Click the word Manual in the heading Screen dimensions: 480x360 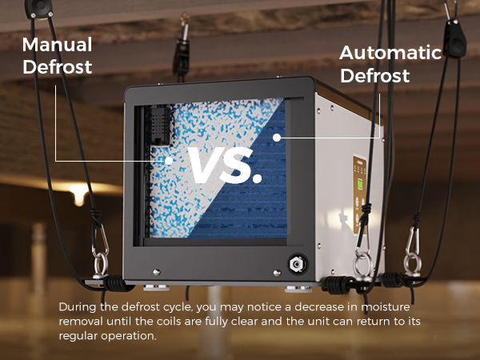pyautogui.click(x=58, y=45)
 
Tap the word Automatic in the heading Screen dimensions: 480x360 pyautogui.click(x=390, y=53)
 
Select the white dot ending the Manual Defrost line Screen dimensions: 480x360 pyautogui.click(x=168, y=161)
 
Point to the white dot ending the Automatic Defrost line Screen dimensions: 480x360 pyautogui.click(x=277, y=138)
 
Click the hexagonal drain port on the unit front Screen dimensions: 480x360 pyautogui.click(x=297, y=263)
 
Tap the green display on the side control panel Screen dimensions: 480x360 pyautogui.click(x=360, y=184)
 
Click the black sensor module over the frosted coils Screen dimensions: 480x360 pyautogui.click(x=160, y=126)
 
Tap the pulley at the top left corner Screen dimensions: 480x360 pyautogui.click(x=39, y=9)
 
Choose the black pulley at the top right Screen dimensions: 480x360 pyautogui.click(x=456, y=38)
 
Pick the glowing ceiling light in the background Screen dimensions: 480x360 pyautogui.click(x=79, y=190)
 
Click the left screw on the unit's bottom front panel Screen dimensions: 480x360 pyautogui.click(x=157, y=272)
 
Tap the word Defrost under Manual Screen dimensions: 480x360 pyautogui.click(x=58, y=67)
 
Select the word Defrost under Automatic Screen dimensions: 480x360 pyautogui.click(x=375, y=76)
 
